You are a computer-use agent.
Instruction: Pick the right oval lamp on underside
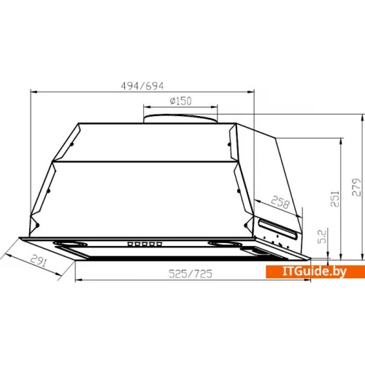(223, 244)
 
